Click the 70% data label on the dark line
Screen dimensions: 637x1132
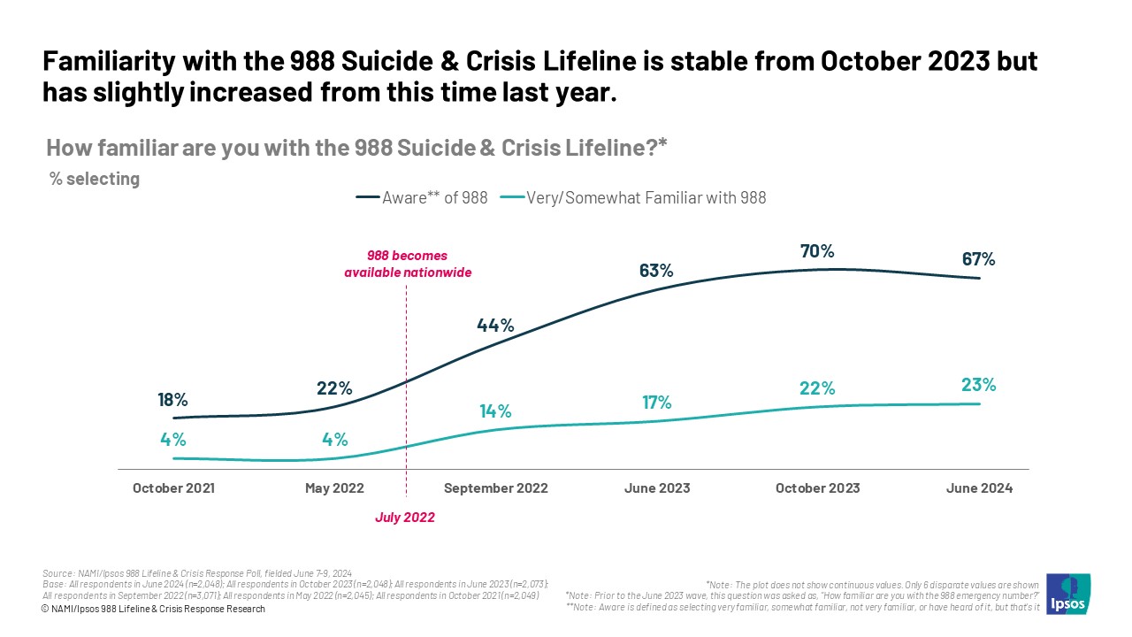click(817, 251)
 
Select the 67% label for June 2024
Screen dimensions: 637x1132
click(979, 259)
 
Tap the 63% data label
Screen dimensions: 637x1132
click(656, 271)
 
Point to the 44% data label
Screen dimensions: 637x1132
click(495, 325)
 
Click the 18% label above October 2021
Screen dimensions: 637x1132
click(172, 400)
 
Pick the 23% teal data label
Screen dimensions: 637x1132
click(979, 385)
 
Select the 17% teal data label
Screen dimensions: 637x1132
click(656, 403)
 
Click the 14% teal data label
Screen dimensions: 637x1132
click(495, 411)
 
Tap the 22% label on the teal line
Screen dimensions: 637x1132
click(817, 388)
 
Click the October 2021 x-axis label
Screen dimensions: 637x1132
click(173, 488)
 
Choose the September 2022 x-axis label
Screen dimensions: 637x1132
click(495, 488)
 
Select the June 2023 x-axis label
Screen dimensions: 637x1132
click(656, 488)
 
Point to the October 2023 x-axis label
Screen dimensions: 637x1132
click(817, 488)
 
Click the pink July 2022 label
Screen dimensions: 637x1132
click(406, 518)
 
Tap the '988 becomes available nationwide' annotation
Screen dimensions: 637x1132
click(408, 265)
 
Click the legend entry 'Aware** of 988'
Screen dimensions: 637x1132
click(422, 198)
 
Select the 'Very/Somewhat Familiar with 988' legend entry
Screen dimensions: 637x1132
click(633, 198)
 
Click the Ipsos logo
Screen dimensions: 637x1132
click(1067, 594)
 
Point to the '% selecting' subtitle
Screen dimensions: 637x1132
click(95, 179)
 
